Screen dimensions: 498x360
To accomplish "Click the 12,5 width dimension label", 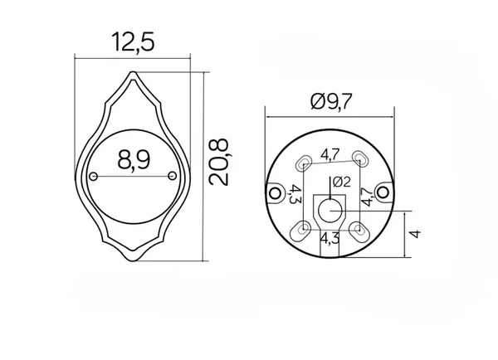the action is tap(133, 42).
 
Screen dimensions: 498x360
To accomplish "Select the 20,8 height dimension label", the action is tap(219, 163).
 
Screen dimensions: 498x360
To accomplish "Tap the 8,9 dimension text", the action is tap(134, 159).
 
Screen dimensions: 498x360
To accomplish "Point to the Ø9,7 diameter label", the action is tap(331, 101).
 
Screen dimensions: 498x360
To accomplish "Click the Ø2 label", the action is tap(342, 182).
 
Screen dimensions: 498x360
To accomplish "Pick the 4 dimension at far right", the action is tap(416, 234).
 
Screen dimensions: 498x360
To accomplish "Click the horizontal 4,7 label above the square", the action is tap(330, 155).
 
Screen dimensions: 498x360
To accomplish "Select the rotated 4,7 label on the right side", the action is tap(368, 197).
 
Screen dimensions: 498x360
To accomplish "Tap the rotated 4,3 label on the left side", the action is tap(295, 194).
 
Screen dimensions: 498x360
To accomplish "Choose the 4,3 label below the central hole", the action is tap(330, 238).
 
